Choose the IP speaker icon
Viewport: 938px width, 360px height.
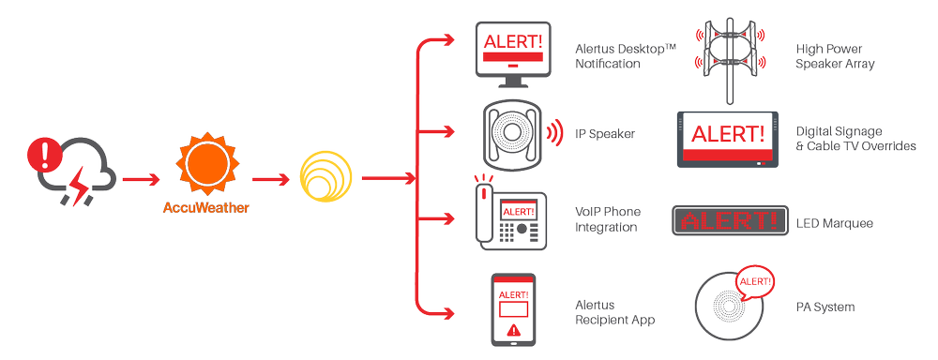coord(512,133)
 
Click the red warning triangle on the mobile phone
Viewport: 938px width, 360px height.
coord(512,330)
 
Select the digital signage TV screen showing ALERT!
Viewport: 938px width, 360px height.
coord(723,138)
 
